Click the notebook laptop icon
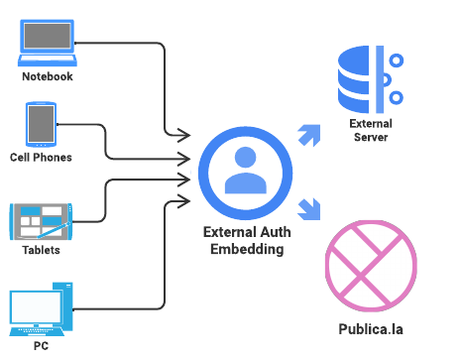(48, 41)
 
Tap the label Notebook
(48, 76)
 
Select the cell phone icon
(41, 125)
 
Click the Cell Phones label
(41, 158)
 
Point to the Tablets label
(41, 250)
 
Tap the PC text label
(40, 346)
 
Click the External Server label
(371, 131)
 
